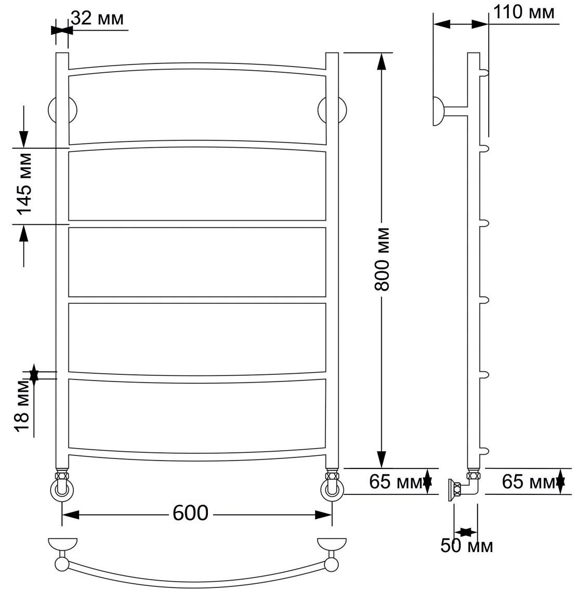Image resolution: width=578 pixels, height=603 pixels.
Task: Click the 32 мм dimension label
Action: pyautogui.click(x=97, y=18)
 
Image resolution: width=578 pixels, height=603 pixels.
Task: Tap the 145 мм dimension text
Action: pyautogui.click(x=24, y=184)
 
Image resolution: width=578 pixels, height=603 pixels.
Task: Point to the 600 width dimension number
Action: pyautogui.click(x=190, y=513)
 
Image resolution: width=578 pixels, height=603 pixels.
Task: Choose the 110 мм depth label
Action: pyautogui.click(x=524, y=12)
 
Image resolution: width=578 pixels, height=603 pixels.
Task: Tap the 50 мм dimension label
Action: pyautogui.click(x=466, y=546)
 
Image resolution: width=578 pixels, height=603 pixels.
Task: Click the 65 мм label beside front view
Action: pyautogui.click(x=395, y=481)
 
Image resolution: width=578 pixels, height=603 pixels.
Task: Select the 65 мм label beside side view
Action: pyautogui.click(x=528, y=481)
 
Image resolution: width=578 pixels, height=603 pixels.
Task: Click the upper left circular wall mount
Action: pyautogui.click(x=62, y=110)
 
